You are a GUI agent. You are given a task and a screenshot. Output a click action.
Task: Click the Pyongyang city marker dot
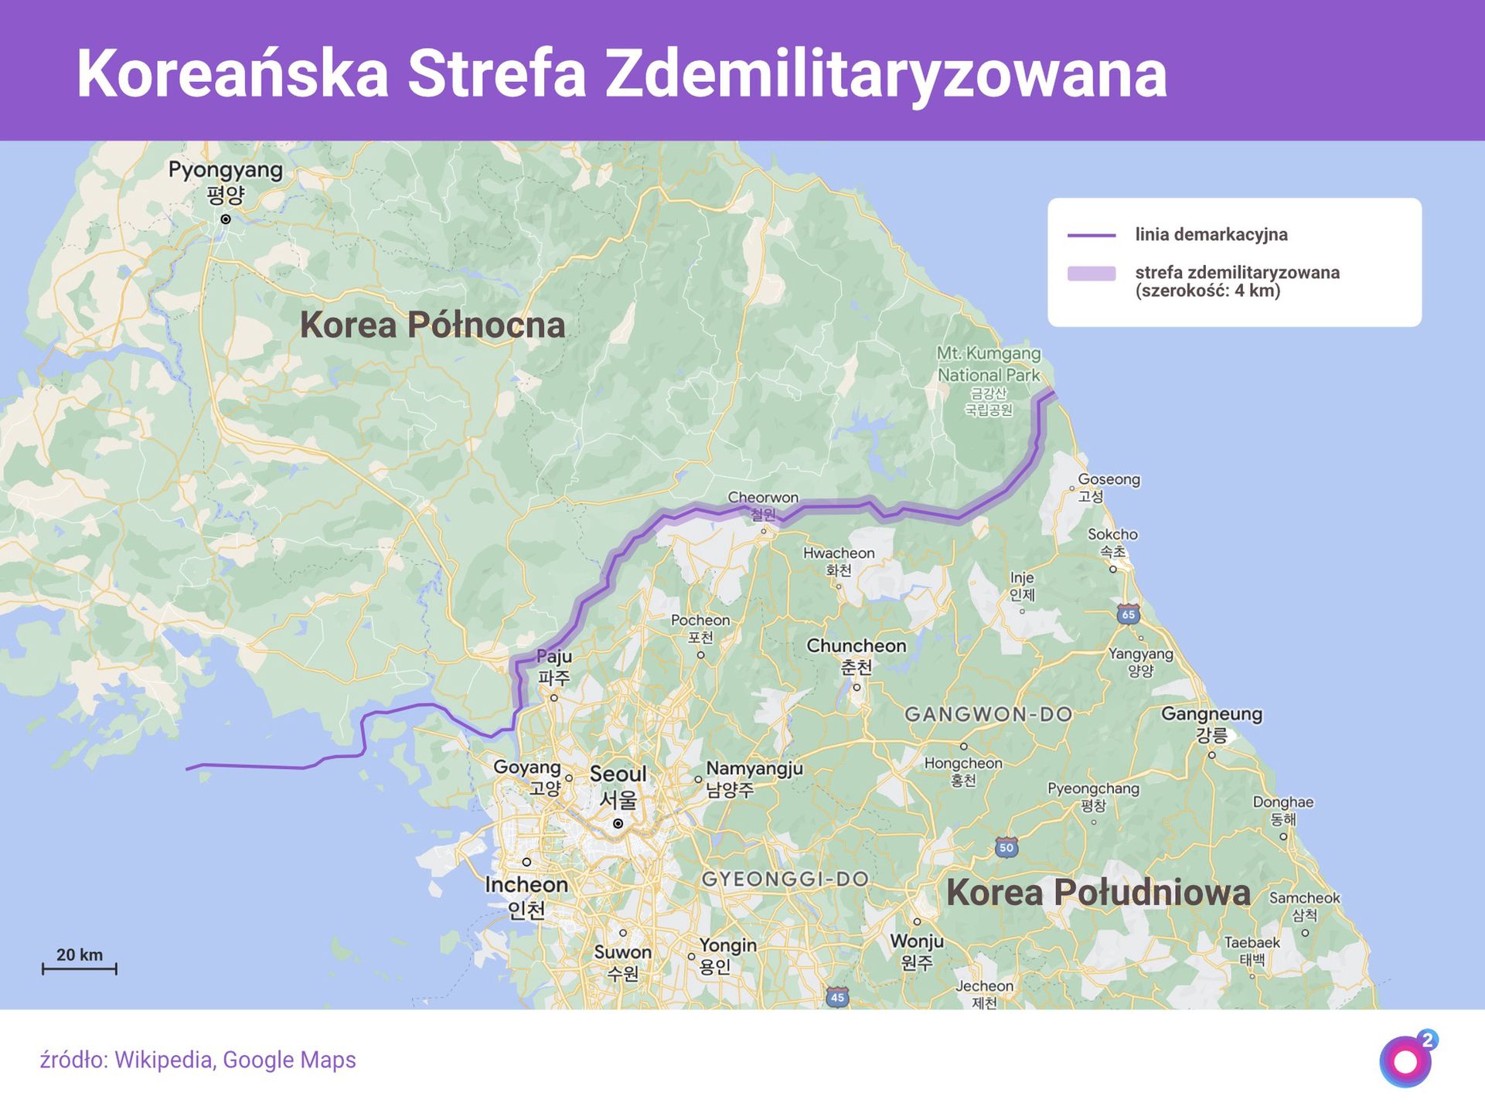226,220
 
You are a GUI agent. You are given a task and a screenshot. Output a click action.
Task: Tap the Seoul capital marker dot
618,824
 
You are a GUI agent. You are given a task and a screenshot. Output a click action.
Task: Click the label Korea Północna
432,325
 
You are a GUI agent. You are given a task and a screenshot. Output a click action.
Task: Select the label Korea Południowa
1098,893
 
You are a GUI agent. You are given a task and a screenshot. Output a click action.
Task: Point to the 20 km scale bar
80,968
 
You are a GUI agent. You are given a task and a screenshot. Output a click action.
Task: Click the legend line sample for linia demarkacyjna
1091,235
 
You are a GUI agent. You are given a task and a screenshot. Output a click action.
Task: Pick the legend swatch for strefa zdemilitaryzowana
1091,274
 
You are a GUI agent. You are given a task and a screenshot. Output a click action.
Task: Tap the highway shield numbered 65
1128,615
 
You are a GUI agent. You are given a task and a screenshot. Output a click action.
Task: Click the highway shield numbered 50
1006,847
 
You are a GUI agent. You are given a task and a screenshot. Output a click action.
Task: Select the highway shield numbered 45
837,997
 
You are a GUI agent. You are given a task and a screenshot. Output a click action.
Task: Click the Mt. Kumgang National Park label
989,364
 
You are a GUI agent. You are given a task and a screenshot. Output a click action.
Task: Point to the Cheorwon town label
763,498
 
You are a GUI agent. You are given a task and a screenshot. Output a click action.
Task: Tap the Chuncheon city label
856,646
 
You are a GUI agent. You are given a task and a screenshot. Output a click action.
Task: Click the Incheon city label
526,885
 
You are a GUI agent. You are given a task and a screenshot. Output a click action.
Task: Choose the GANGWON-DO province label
989,715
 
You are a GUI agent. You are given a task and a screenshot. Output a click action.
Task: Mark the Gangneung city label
1211,714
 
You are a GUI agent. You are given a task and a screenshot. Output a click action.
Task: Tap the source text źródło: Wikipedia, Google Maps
198,1060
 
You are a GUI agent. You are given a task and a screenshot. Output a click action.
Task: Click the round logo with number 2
1407,1060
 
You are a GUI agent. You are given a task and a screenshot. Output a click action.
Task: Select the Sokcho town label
1112,535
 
